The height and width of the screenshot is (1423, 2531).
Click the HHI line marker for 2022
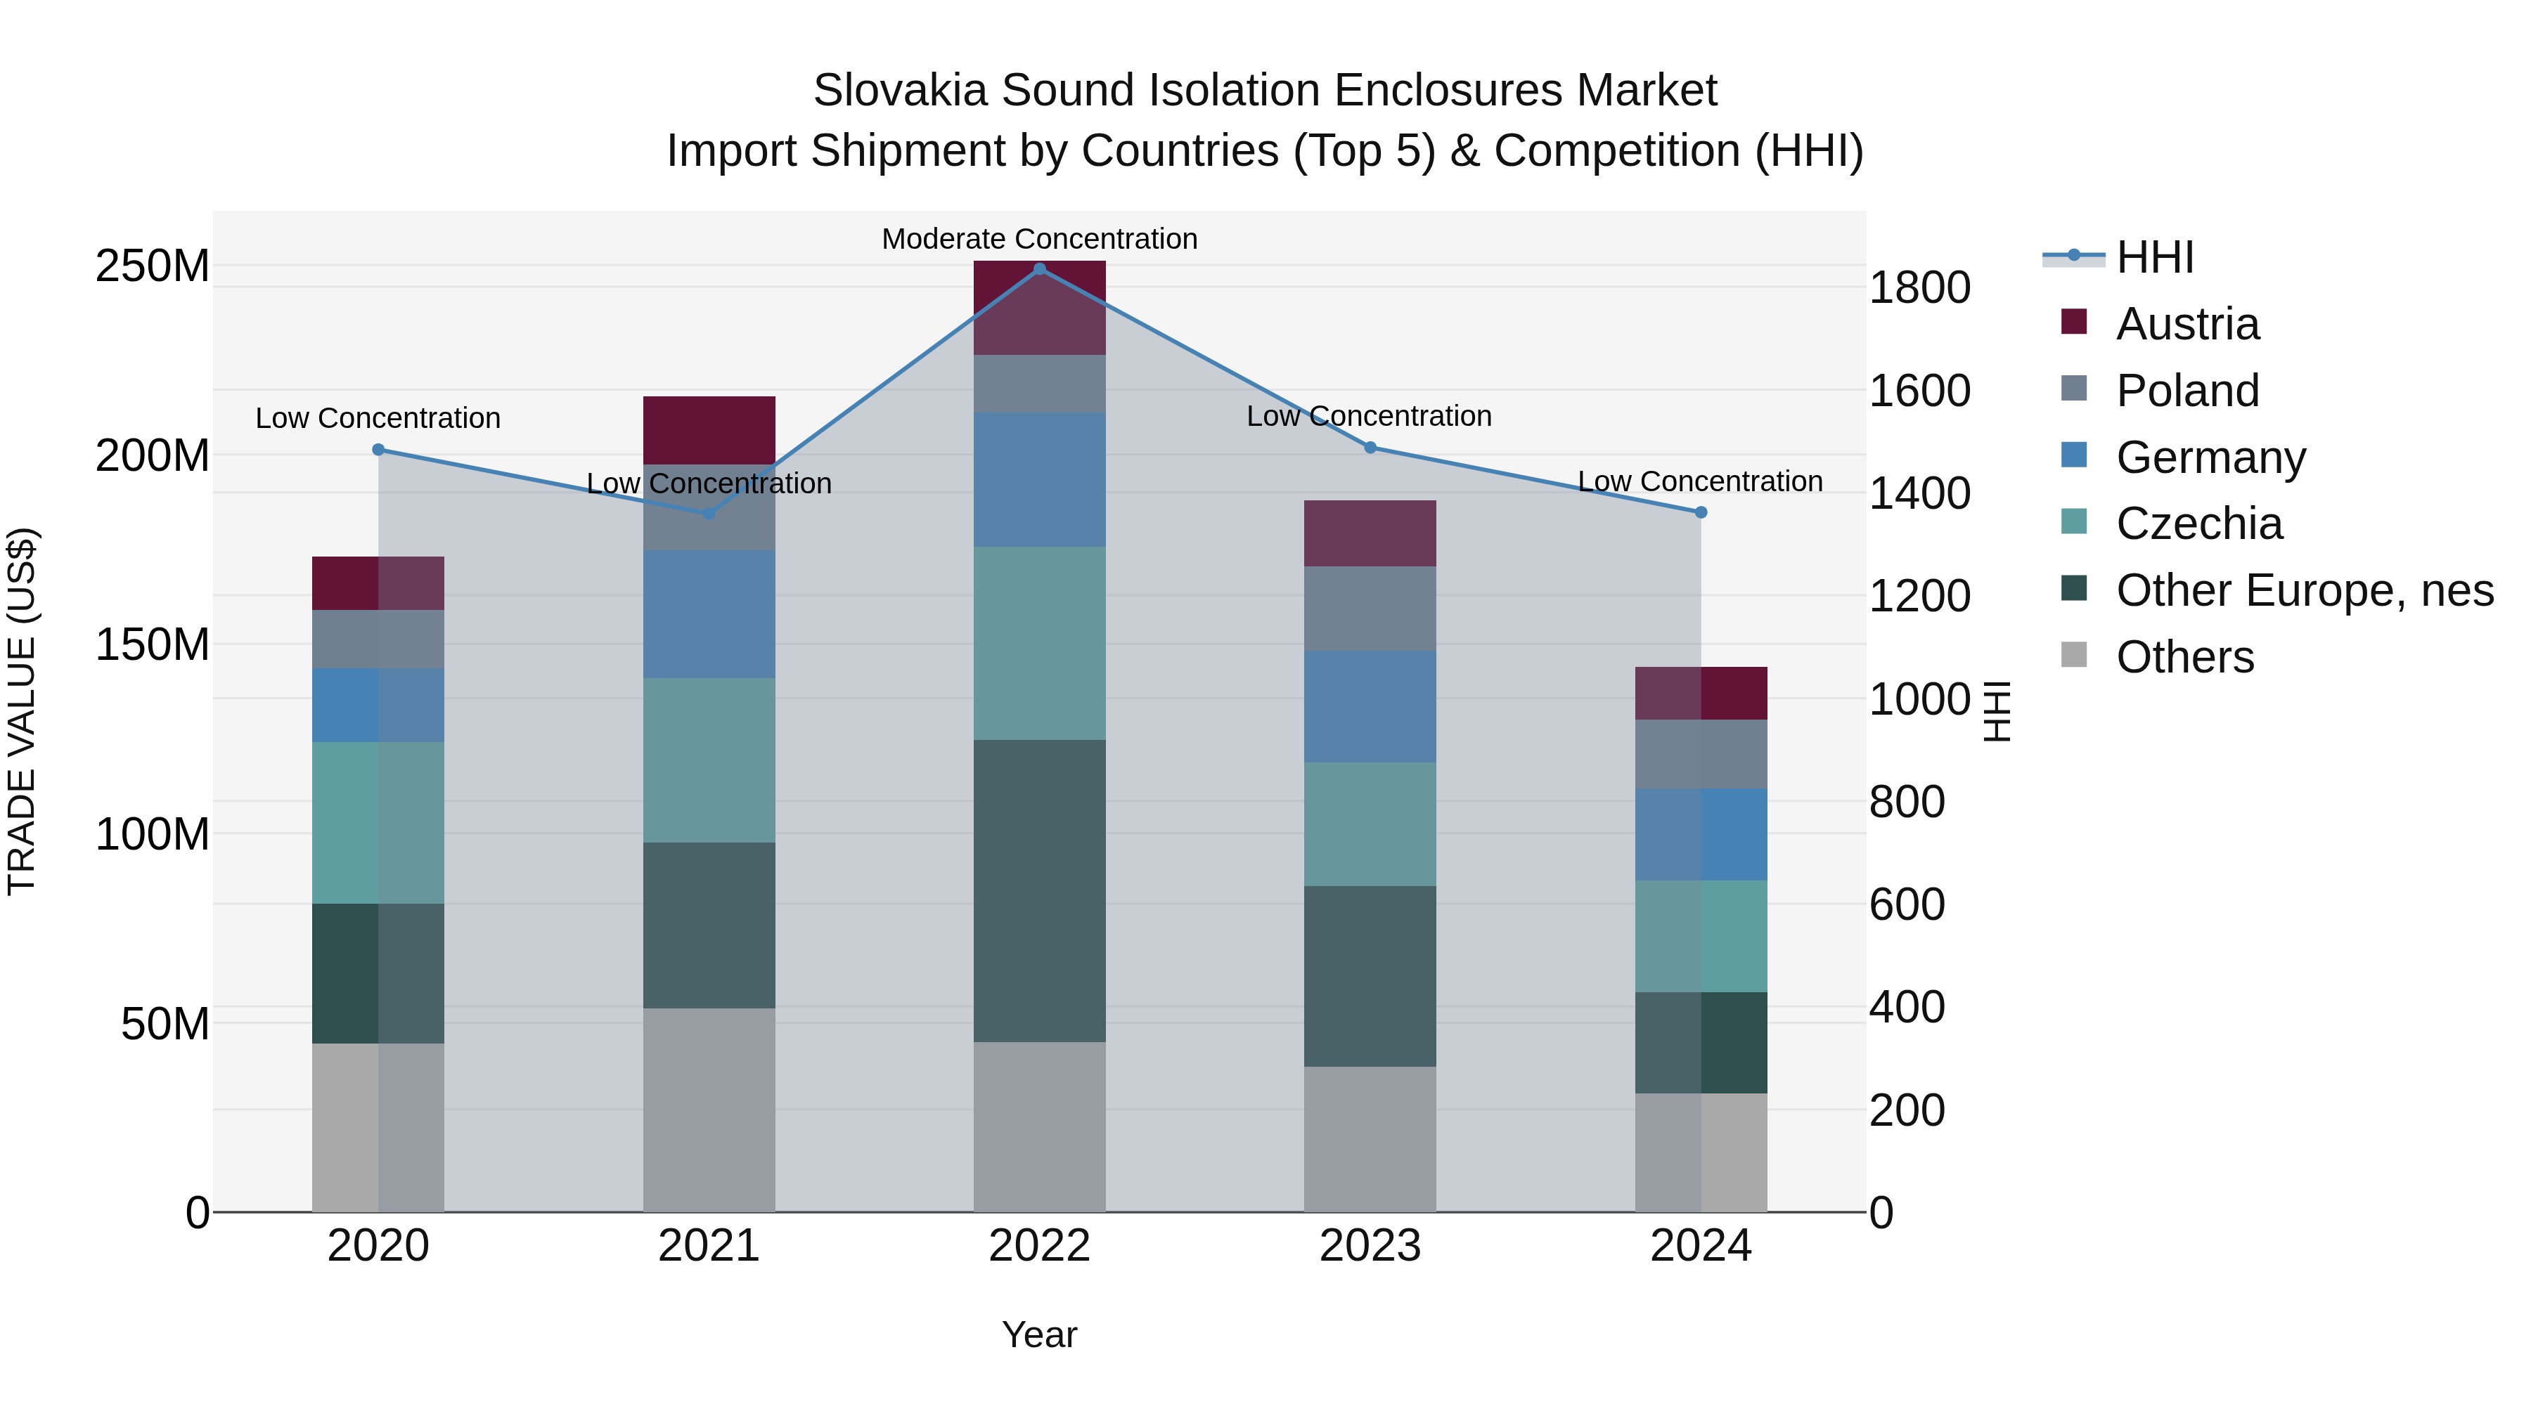coord(1040,269)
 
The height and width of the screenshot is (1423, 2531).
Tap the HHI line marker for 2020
coord(378,450)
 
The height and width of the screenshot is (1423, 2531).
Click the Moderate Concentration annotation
coord(1040,239)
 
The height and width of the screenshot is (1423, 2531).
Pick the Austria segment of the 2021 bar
coord(709,430)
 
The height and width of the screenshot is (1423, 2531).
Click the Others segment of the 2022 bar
coord(1040,1126)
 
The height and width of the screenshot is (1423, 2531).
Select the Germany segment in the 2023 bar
coord(1370,706)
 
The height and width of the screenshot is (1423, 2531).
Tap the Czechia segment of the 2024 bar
coord(1701,936)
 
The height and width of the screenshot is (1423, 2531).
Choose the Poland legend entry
coord(2187,391)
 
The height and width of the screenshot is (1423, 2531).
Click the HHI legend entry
coord(2153,257)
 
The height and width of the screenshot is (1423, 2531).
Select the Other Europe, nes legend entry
coord(2304,590)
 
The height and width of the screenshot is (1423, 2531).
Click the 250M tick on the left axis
coord(153,266)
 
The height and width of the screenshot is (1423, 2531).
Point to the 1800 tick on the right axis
coord(1919,287)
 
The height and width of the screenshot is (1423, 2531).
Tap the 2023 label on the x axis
coord(1370,1246)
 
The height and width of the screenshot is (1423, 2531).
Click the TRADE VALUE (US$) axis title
coord(22,711)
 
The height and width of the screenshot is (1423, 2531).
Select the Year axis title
coord(1040,1334)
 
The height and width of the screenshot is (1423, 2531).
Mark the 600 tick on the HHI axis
coord(1906,904)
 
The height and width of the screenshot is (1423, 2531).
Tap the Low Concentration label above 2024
coord(1700,481)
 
